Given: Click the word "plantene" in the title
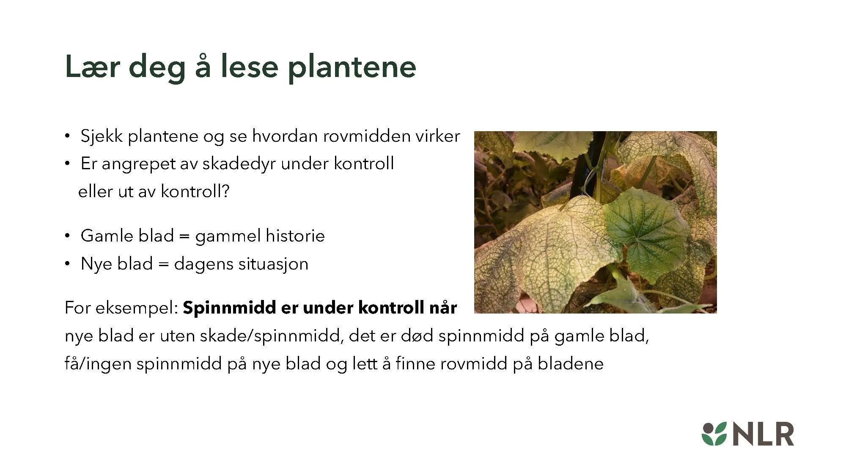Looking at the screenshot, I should pos(352,67).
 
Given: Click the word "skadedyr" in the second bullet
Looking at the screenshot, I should pos(239,164).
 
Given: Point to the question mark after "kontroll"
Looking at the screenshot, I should pos(225,192).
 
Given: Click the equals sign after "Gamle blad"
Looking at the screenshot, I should pos(184,236).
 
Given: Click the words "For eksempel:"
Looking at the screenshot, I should pos(121,308).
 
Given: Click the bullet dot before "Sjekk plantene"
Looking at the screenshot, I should pos(67,136).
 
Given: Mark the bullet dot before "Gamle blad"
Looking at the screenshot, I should pos(67,236).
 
